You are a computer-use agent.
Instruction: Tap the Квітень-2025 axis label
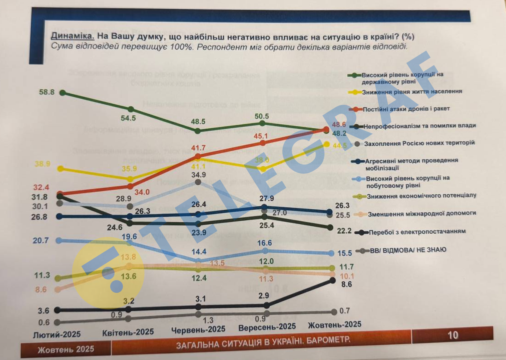[128, 332]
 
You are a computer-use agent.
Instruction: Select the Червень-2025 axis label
[198, 329]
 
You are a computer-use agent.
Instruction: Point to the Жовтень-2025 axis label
[334, 325]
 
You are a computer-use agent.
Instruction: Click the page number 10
[453, 335]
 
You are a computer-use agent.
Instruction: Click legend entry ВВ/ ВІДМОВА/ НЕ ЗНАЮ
[407, 249]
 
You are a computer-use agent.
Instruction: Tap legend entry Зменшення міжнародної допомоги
[422, 213]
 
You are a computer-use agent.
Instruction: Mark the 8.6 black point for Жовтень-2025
[332, 280]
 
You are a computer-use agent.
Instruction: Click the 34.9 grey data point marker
[198, 182]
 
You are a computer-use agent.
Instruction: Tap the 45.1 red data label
[260, 136]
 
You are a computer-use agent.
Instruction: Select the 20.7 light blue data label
[41, 240]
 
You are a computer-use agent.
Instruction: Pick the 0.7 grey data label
[345, 311]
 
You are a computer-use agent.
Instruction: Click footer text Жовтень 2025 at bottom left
[66, 349]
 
